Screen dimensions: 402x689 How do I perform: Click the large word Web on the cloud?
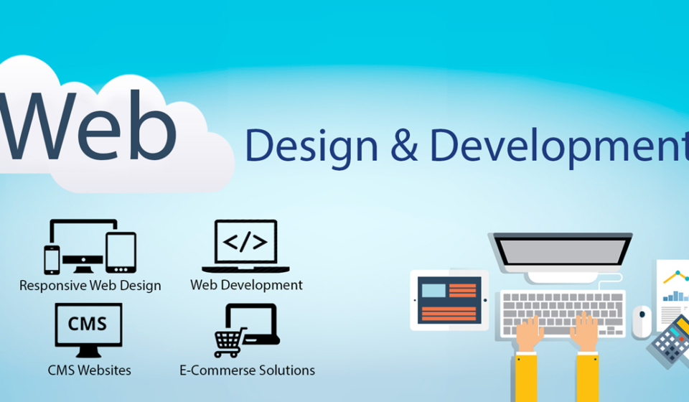click(90, 126)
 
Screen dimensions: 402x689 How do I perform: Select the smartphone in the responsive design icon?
click(52, 259)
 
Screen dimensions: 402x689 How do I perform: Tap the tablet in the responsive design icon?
click(121, 252)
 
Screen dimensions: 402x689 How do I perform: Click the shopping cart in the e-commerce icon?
click(228, 342)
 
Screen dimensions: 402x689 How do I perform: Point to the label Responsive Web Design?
click(90, 285)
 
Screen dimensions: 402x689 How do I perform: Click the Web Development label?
click(246, 285)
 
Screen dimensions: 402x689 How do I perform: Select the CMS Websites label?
click(90, 370)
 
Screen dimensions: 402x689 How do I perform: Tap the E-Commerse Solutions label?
click(247, 370)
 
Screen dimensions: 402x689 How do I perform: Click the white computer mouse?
click(642, 321)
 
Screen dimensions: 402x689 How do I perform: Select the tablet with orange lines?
click(449, 300)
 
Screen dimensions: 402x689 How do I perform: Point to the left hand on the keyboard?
click(530, 334)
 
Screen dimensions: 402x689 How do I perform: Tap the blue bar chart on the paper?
click(675, 294)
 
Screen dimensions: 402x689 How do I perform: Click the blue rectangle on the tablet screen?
click(433, 291)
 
